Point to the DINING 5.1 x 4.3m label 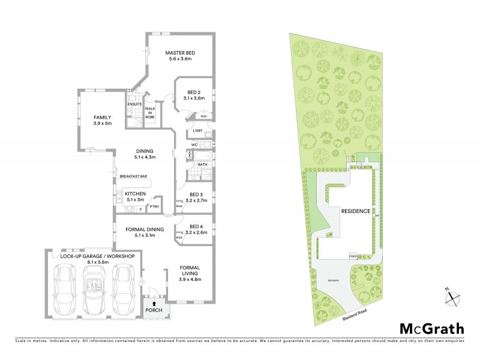point(145,154)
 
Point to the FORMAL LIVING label point(190,272)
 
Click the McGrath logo point(431,328)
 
